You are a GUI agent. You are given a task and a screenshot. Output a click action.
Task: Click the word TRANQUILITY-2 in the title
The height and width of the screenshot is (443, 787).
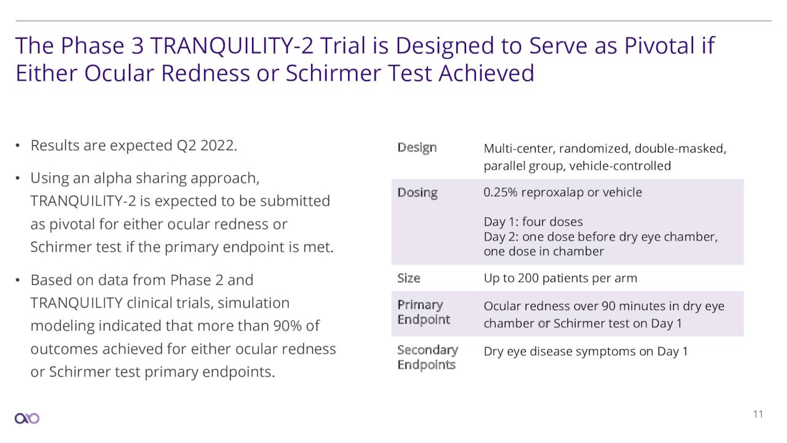click(x=232, y=46)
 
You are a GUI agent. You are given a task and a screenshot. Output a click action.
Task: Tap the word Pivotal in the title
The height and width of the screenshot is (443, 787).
click(x=658, y=46)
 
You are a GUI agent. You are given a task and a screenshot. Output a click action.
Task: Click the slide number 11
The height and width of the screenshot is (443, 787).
click(x=758, y=414)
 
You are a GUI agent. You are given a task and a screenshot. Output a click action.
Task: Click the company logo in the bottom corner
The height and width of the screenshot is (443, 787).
click(x=27, y=418)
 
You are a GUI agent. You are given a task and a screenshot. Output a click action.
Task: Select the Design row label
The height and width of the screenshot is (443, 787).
click(x=417, y=148)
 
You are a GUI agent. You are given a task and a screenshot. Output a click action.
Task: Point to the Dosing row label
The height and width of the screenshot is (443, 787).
click(x=417, y=193)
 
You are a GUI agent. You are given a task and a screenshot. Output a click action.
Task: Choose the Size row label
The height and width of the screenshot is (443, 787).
click(x=409, y=279)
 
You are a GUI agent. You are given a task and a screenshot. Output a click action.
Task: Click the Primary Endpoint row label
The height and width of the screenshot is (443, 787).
click(x=424, y=312)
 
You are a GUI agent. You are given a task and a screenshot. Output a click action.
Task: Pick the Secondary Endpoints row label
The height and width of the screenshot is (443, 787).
click(x=427, y=357)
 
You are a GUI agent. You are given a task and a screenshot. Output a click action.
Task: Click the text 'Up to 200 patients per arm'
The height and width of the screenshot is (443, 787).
click(x=560, y=279)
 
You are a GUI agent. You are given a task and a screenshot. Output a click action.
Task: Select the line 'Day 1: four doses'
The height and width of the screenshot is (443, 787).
click(x=533, y=222)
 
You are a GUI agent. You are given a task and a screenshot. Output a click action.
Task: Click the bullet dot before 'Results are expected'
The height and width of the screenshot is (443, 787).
click(x=18, y=146)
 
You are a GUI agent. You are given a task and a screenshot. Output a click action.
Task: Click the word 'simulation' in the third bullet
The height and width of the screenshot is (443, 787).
click(x=254, y=303)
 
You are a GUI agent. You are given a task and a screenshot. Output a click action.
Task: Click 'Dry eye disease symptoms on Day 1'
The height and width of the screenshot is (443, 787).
click(x=586, y=351)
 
